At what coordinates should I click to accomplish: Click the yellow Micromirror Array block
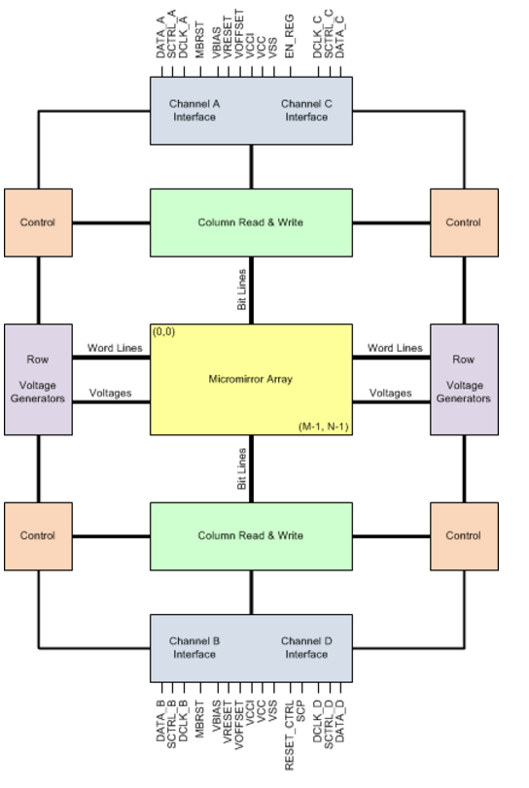click(x=251, y=380)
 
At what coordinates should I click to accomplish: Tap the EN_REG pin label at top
click(x=289, y=36)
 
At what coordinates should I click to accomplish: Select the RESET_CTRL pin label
click(x=289, y=736)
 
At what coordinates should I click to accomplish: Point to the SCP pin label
click(x=301, y=711)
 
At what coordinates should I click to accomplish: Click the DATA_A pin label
click(x=160, y=37)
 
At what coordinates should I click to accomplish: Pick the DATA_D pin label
click(x=340, y=722)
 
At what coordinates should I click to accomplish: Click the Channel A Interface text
click(x=194, y=110)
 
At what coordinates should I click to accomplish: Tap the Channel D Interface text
click(x=306, y=647)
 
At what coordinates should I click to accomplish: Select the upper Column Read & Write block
click(x=251, y=223)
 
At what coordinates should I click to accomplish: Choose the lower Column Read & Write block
click(x=251, y=536)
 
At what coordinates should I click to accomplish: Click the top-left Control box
click(x=38, y=223)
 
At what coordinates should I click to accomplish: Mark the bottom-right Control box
click(x=464, y=536)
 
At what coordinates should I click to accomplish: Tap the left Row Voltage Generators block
click(x=38, y=380)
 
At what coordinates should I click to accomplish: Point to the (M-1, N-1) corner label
click(x=324, y=427)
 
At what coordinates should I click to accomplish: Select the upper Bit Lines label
click(x=242, y=290)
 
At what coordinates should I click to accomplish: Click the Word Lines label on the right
click(x=395, y=348)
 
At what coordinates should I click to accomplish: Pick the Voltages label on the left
click(x=110, y=393)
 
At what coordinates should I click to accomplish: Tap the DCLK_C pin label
click(x=317, y=37)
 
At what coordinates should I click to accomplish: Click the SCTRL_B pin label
click(x=171, y=724)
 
